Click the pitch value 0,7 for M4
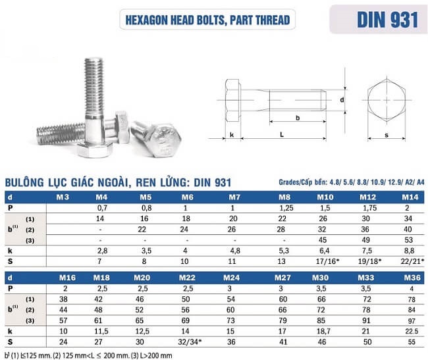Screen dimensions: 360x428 (x=101, y=207)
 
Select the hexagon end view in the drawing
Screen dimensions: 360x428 (x=385, y=100)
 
